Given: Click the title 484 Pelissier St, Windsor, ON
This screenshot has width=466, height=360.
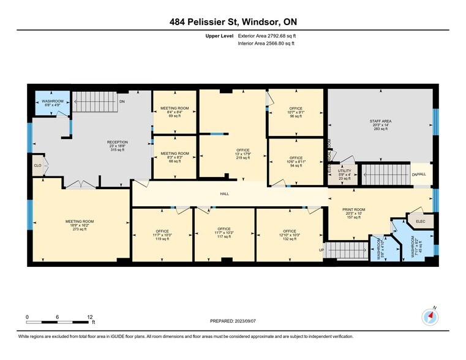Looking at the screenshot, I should (233, 22).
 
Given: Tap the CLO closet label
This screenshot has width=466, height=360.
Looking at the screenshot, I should (38, 165).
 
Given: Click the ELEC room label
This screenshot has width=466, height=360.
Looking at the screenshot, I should (420, 221).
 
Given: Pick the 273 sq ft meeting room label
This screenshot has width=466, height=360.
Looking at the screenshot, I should (80, 225).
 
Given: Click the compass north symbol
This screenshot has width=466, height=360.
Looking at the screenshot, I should (430, 317).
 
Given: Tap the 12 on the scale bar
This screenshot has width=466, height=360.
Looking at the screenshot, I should (89, 317).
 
